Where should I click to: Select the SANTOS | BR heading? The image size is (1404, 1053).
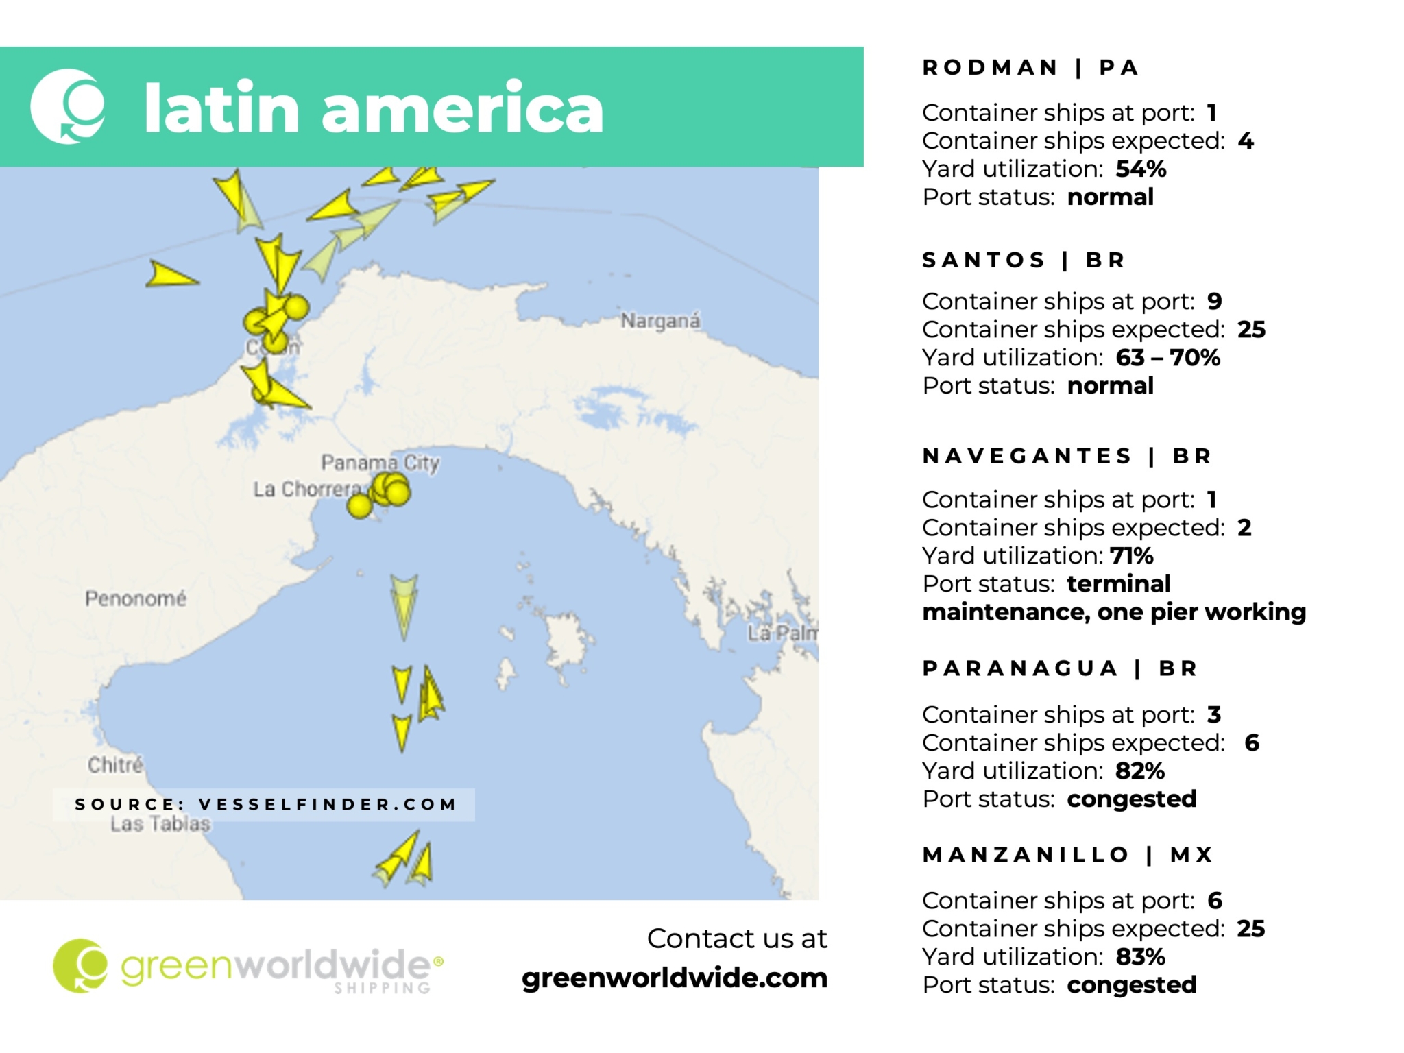1023,260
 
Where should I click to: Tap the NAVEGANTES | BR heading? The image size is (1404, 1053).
1066,456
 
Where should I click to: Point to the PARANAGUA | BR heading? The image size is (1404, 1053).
1059,668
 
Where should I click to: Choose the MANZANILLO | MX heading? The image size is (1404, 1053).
1067,854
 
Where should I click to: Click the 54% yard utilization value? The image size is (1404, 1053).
1140,169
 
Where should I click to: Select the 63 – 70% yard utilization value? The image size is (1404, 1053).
1167,357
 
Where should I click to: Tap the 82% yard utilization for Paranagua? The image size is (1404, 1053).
1139,771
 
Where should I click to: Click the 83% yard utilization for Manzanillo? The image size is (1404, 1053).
1140,956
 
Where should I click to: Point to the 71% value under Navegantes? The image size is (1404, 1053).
1131,555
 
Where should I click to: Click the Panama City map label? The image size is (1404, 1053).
380,463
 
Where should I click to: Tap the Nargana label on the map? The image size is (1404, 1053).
660,321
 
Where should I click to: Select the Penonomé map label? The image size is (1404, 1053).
135,598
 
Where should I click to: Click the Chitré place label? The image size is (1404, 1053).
115,764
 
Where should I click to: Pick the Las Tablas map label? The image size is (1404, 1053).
160,824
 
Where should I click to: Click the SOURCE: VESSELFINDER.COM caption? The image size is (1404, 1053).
265,804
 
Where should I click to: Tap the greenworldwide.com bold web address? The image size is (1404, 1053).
674,978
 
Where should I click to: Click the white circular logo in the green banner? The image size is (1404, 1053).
68,106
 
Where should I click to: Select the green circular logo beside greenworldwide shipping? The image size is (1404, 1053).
80,965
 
